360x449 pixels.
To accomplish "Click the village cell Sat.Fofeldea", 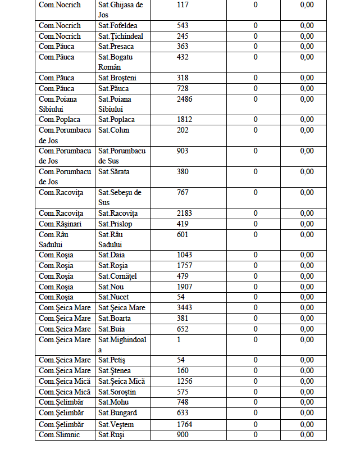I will pos(117,26).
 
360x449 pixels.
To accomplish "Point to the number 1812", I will pos(184,120).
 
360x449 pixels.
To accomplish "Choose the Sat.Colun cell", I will pos(114,130).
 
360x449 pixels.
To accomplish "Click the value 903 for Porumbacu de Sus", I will pos(183,151).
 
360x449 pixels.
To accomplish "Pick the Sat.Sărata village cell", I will pos(115,172).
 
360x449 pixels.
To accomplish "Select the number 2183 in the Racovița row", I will pos(184,214).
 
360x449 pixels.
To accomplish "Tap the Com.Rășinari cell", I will pos(60,224).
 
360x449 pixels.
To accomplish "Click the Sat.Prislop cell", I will pos(115,224).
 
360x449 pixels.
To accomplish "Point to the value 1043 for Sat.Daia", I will pos(184,255).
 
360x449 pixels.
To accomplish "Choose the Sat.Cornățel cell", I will pos(118,276).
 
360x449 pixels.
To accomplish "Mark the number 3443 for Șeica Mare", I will pos(184,307).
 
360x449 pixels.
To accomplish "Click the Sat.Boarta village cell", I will pos(115,318).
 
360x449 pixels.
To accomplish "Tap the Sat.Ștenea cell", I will pos(115,371).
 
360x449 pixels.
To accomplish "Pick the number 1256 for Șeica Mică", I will pos(184,382).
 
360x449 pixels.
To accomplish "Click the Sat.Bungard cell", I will pos(118,413).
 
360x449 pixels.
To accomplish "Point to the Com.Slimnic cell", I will pos(59,435).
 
